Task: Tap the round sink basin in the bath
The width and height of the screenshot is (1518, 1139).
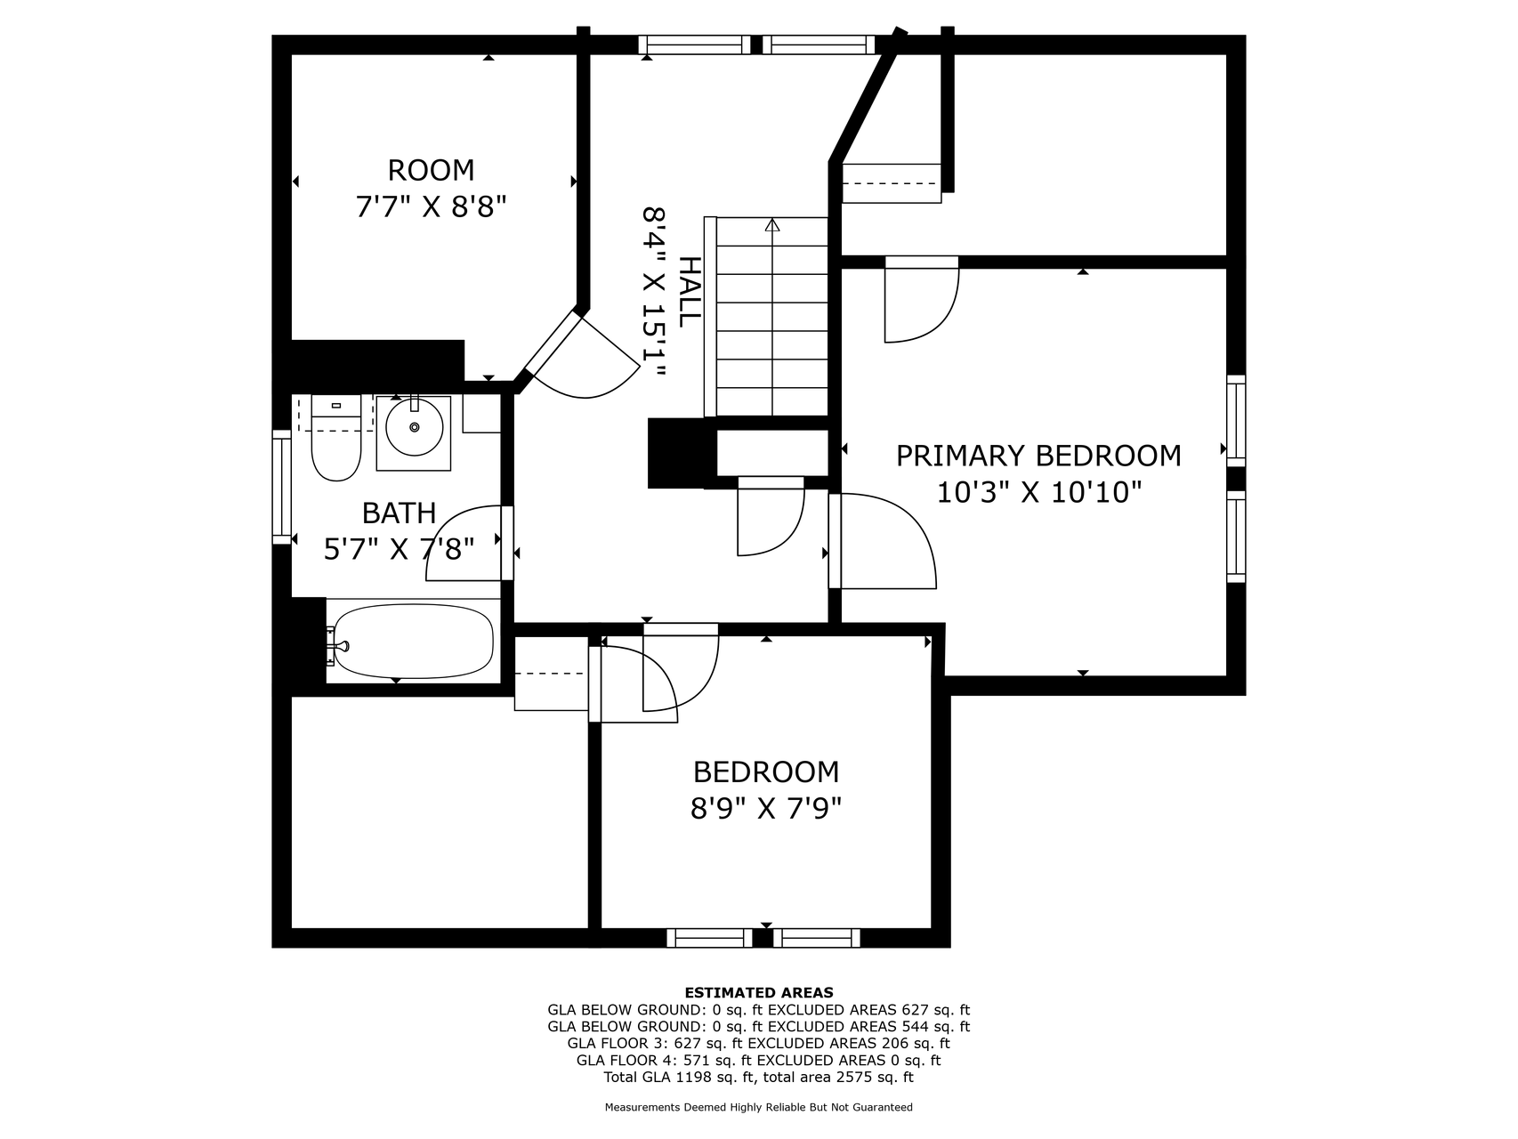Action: click(414, 428)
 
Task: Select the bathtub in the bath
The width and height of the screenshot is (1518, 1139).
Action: click(414, 641)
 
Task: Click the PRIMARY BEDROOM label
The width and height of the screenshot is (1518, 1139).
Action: click(1038, 456)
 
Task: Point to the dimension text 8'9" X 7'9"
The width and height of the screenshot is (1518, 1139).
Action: click(766, 809)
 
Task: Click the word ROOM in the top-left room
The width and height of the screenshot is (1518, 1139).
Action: click(431, 170)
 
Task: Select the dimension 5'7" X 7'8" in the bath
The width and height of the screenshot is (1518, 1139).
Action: click(399, 549)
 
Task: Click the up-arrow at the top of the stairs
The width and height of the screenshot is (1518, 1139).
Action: click(771, 226)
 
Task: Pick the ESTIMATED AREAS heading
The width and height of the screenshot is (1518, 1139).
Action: click(759, 992)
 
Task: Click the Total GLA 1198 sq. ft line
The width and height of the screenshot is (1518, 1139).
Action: click(759, 1078)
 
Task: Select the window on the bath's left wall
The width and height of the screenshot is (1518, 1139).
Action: click(282, 487)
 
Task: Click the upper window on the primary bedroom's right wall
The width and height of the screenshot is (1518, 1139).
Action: click(1236, 420)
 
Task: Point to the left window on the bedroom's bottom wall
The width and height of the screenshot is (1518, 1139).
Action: click(709, 938)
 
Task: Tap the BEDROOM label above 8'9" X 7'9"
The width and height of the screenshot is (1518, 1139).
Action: click(766, 771)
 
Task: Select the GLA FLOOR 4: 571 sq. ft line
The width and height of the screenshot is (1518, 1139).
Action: click(759, 1061)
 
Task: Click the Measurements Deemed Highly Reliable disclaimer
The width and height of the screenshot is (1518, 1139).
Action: click(759, 1108)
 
